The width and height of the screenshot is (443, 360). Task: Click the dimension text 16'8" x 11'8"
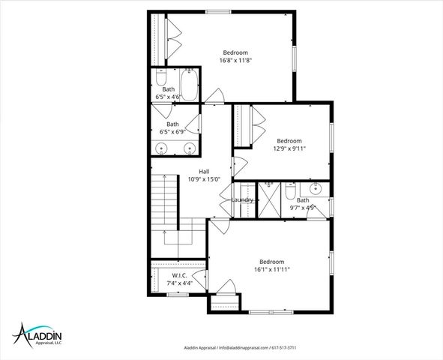(235, 60)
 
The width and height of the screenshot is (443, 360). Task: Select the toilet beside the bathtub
(161, 80)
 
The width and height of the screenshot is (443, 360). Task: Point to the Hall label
(204, 171)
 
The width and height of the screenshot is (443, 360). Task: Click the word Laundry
(243, 199)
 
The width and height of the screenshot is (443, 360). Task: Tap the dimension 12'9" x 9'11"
(289, 148)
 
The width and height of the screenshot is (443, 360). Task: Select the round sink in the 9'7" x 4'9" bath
(316, 188)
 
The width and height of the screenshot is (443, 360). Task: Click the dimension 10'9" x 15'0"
(204, 179)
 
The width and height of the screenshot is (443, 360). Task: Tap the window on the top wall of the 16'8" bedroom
(218, 11)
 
